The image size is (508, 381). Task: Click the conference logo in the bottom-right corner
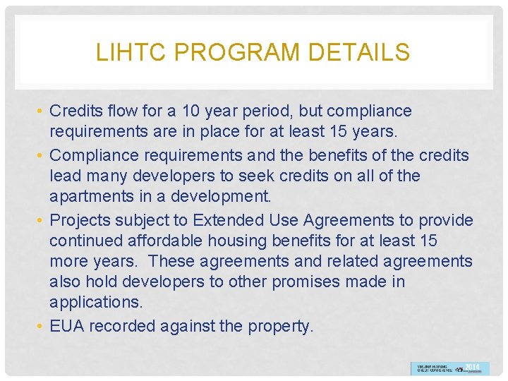(449, 368)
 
